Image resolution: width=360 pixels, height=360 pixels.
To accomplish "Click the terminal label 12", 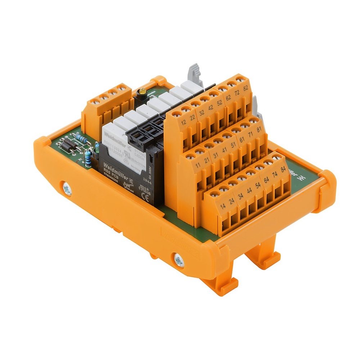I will point(184,123).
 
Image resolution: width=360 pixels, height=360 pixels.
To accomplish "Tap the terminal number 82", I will point(246,89).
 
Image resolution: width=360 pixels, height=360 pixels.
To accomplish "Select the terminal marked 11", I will point(198,166).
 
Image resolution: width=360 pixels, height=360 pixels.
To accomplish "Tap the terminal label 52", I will point(219,103).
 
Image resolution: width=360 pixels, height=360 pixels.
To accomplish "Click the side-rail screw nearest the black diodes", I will point(67,190).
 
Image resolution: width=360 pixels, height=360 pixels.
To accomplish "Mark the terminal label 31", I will point(215,156).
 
